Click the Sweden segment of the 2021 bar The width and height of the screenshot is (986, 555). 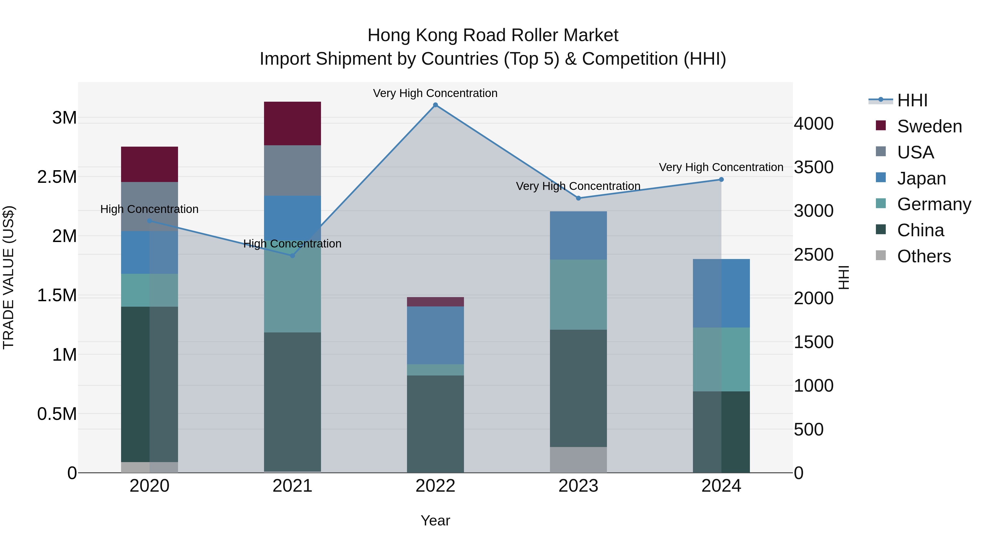[293, 123]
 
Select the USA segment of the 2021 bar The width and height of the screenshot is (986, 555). [293, 170]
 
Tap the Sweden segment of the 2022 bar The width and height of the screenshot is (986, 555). [435, 302]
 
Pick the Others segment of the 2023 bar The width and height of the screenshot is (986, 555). [578, 460]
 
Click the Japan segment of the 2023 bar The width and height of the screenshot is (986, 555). [578, 235]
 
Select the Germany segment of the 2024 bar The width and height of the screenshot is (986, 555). [721, 359]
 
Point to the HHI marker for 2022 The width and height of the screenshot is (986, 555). [435, 105]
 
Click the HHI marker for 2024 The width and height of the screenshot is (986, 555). [721, 179]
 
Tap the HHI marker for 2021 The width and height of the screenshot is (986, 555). [293, 255]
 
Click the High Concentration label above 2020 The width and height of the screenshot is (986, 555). [149, 209]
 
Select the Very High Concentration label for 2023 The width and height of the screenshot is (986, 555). [578, 186]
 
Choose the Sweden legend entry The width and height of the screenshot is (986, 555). [929, 126]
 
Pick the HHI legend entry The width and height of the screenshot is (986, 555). [912, 100]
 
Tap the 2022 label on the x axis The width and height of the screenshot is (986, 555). [435, 486]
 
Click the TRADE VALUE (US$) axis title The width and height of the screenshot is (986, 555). [8, 277]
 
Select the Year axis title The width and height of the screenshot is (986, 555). [435, 520]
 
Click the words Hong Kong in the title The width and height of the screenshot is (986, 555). [413, 35]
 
